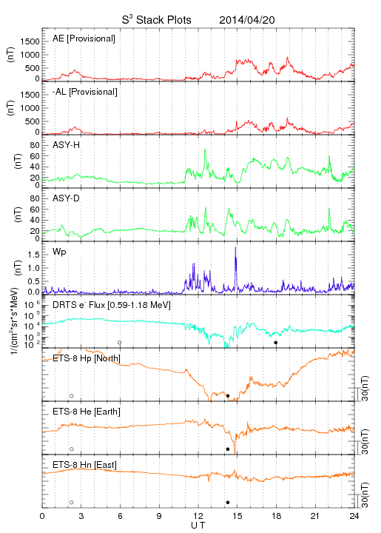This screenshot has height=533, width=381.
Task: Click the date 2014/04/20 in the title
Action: [x=247, y=20]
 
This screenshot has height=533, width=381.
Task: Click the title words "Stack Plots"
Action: [x=163, y=20]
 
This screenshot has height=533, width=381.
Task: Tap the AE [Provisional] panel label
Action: [x=84, y=38]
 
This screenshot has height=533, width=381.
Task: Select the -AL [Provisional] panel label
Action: [x=85, y=92]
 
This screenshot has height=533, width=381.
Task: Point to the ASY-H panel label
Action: [x=67, y=145]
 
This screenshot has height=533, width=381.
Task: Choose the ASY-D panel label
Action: [x=67, y=198]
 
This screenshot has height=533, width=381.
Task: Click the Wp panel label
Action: [x=59, y=252]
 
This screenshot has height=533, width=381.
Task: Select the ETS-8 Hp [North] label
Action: [x=87, y=358]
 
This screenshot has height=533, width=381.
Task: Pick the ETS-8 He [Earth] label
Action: [x=87, y=412]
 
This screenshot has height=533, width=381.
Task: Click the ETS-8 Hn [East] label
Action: [x=84, y=465]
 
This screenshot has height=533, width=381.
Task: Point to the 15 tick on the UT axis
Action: [x=237, y=516]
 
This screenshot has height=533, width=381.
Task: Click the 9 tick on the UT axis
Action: [x=159, y=516]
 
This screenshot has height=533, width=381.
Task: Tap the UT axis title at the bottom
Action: [x=198, y=526]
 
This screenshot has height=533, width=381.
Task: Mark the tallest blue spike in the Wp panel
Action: [x=236, y=247]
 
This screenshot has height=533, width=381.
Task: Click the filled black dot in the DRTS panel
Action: [x=276, y=343]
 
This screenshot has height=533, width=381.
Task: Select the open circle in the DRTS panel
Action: [x=120, y=343]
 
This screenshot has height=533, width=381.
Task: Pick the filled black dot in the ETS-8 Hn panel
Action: [x=228, y=503]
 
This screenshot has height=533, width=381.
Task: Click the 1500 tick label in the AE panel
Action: [x=30, y=41]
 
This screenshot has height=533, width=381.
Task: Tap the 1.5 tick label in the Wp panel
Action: [x=34, y=255]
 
